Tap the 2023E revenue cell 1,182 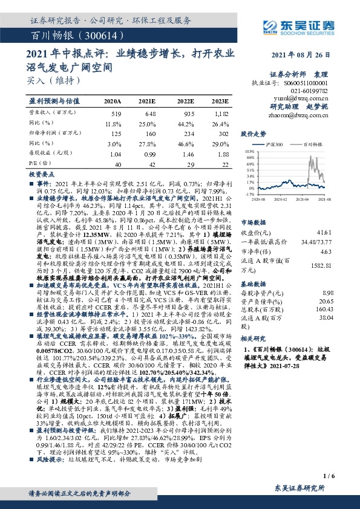[x=221, y=113]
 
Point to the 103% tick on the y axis [x=249, y=152]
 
